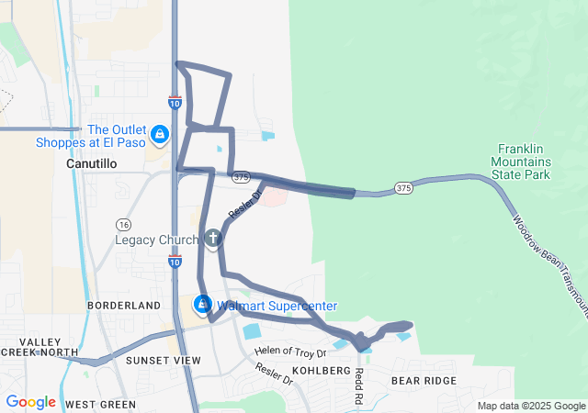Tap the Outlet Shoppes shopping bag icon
click(161, 135)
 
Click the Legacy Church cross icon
click(212, 240)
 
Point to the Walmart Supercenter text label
click(277, 306)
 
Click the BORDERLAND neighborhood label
click(124, 305)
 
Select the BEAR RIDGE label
click(424, 380)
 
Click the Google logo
click(30, 402)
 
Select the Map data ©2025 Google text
click(530, 406)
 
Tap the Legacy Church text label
click(156, 240)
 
